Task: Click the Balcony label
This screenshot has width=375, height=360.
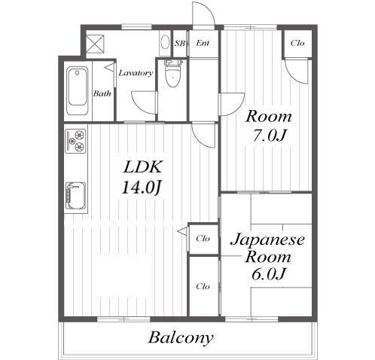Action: coord(181,337)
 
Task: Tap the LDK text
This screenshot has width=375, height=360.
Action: coord(143,167)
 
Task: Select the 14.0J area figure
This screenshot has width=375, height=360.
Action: coord(141,188)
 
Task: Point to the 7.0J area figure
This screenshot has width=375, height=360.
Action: coord(269,136)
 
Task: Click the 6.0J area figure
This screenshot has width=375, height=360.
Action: coord(268,274)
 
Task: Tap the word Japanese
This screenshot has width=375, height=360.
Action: coord(268,240)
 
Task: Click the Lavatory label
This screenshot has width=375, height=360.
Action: coord(136,73)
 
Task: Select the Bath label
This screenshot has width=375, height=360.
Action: coord(102,93)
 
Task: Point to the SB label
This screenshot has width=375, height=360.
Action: coord(180,44)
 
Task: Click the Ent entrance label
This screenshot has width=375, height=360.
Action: coord(203,43)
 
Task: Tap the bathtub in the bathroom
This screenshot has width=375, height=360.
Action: coord(78,91)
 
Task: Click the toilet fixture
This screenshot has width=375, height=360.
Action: coord(172,73)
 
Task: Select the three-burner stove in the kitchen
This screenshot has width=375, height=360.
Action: coord(75,141)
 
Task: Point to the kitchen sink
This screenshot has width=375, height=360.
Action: coord(75,196)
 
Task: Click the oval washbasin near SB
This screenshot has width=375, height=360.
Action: coord(165,42)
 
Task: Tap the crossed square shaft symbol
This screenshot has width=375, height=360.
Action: coord(95,44)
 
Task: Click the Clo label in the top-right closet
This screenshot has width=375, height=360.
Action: coord(297,43)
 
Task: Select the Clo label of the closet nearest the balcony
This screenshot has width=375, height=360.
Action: coord(203,286)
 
